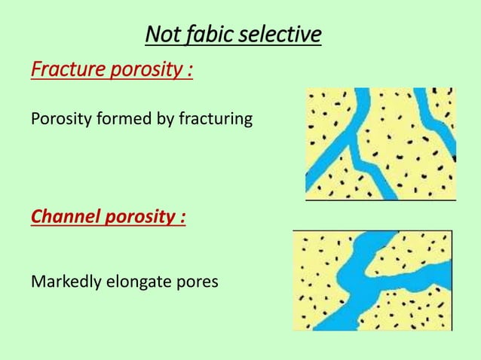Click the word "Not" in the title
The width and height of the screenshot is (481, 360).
click(161, 35)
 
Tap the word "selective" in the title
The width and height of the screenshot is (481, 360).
click(280, 35)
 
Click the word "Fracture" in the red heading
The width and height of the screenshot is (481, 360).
click(67, 72)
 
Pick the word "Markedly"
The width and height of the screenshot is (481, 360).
click(65, 282)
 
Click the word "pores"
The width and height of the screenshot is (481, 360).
click(198, 283)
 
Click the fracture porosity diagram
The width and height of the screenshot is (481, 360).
click(380, 143)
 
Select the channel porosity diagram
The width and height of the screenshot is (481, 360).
click(372, 280)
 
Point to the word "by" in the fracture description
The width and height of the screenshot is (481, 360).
click(164, 120)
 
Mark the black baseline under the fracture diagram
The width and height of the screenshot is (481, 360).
click(380, 200)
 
